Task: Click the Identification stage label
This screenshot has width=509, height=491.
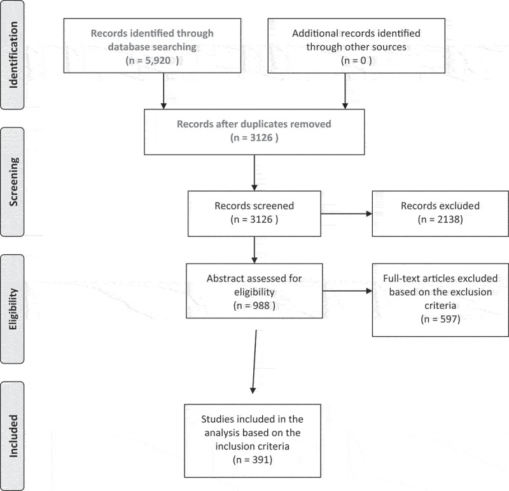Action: (x=13, y=55)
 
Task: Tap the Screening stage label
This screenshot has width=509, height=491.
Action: (x=13, y=181)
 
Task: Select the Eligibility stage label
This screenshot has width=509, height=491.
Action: (x=13, y=309)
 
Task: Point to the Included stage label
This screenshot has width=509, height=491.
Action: (x=13, y=436)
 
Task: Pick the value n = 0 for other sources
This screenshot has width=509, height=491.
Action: (x=356, y=60)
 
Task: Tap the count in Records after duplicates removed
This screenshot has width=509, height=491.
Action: (x=261, y=138)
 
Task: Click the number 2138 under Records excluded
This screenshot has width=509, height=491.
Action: (x=449, y=219)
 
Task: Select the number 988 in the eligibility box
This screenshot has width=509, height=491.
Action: (x=261, y=306)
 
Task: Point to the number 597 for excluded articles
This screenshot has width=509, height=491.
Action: (x=449, y=319)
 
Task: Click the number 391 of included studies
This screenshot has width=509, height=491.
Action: (x=261, y=460)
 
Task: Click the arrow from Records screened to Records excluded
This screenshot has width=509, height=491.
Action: (x=346, y=214)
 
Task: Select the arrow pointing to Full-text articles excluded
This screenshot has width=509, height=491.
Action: (x=347, y=291)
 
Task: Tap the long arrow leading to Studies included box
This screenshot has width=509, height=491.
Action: (x=254, y=362)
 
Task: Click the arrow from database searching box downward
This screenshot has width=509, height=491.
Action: (x=164, y=91)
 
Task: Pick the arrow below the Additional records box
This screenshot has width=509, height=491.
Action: (x=345, y=91)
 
